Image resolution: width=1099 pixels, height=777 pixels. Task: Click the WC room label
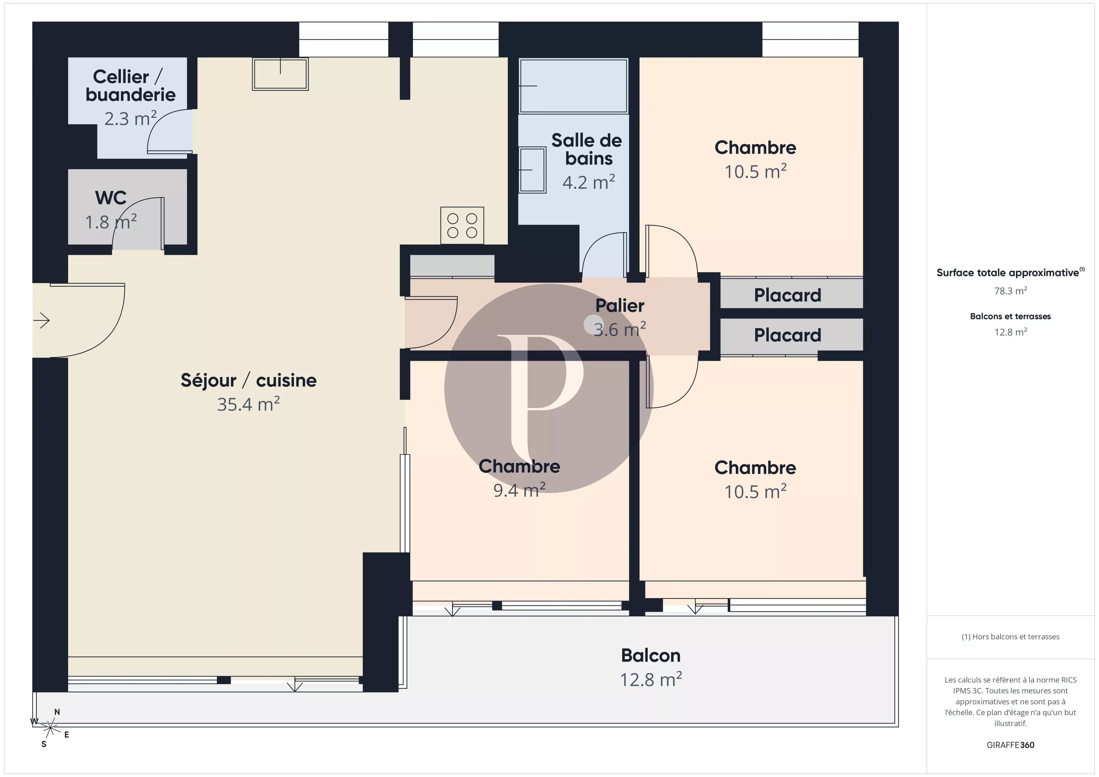coord(111,198)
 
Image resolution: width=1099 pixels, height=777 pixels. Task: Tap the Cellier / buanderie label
coord(130,86)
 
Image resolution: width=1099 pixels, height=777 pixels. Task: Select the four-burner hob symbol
coord(462,225)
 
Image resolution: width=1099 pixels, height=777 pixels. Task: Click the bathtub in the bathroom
coord(573,86)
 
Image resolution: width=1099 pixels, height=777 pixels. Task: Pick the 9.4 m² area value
coord(519,490)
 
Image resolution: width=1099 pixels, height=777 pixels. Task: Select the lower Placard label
coord(787,335)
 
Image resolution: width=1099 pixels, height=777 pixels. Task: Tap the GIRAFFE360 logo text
coord(1010,745)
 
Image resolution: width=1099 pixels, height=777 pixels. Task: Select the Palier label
coord(620,305)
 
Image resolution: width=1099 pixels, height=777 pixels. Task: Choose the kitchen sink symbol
coord(280,74)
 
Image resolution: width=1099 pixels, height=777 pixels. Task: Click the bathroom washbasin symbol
coord(532,170)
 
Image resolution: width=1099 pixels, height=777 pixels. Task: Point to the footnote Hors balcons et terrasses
coord(1010,637)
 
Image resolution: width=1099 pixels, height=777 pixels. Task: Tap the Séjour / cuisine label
coord(248,380)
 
